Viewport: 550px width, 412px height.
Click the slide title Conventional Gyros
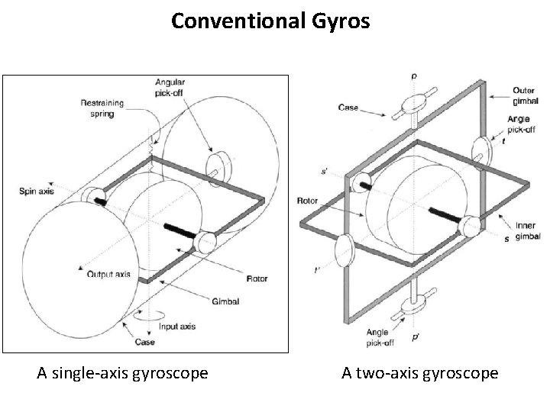click(270, 21)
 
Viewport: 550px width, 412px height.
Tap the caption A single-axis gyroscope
click(123, 373)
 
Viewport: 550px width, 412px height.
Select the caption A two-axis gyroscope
click(419, 373)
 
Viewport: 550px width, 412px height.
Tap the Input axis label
click(176, 327)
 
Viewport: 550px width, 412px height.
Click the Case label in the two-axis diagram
click(348, 108)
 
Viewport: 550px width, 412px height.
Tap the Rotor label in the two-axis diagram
click(307, 201)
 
